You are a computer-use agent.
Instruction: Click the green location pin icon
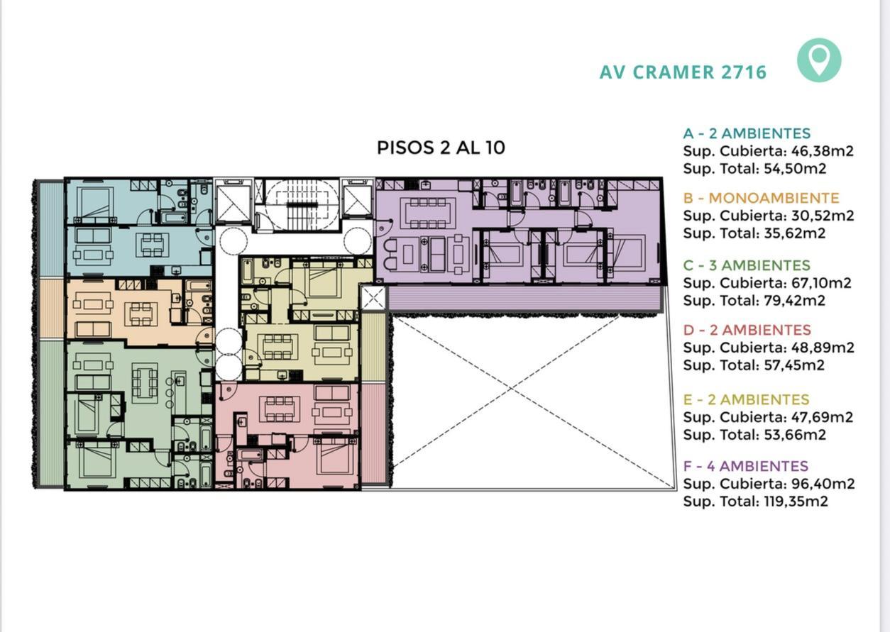[819, 60]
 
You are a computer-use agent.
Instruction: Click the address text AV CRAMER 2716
[683, 72]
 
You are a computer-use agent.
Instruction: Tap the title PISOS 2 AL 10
[441, 148]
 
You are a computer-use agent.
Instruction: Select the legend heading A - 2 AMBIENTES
[747, 133]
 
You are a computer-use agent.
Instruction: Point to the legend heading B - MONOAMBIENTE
[762, 198]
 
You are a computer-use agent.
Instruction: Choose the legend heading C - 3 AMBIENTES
[747, 265]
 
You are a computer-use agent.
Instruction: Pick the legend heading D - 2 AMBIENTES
[747, 330]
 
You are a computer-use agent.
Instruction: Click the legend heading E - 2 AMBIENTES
[747, 399]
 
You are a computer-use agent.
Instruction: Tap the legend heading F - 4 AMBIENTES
[746, 466]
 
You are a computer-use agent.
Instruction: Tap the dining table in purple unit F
[427, 214]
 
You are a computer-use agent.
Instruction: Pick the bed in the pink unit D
[334, 458]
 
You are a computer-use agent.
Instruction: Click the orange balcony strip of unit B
[52, 309]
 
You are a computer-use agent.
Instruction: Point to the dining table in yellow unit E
[278, 346]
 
